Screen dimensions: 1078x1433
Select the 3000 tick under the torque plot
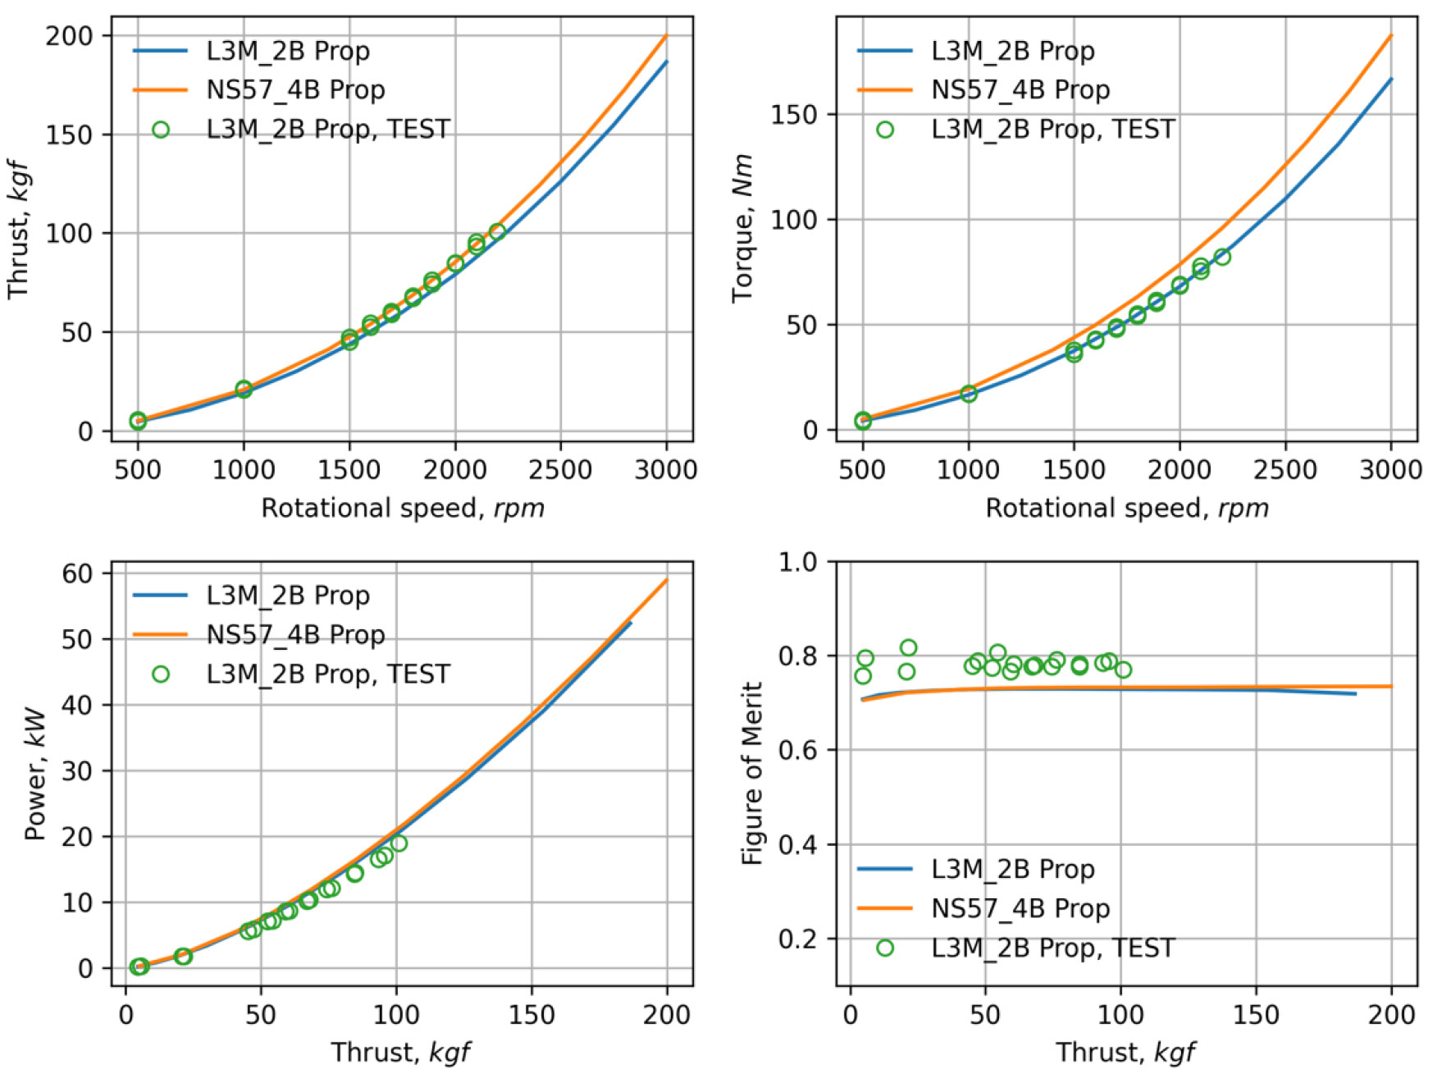[1391, 469]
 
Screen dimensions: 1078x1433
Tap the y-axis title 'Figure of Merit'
[752, 773]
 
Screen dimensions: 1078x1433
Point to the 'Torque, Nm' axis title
[742, 228]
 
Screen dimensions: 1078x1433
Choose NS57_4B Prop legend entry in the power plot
[295, 634]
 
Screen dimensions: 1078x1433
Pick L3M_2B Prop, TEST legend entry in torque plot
[1052, 130]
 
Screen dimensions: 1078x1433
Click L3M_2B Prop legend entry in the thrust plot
[287, 51]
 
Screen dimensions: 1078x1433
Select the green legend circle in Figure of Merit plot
[885, 948]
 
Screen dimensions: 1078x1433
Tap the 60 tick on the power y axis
[77, 573]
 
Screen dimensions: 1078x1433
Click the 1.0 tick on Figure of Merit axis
[798, 562]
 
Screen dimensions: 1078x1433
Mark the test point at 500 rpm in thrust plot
[138, 421]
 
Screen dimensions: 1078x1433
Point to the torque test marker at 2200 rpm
[1222, 257]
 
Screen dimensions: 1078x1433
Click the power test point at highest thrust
[399, 843]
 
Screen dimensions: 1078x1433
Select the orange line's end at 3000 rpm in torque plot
[1391, 35]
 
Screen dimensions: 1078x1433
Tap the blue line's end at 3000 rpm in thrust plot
[666, 62]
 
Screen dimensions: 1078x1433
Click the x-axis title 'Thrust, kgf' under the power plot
[400, 1052]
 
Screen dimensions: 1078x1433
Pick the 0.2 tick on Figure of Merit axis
[798, 939]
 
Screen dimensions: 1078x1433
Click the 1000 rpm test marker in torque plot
[969, 394]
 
